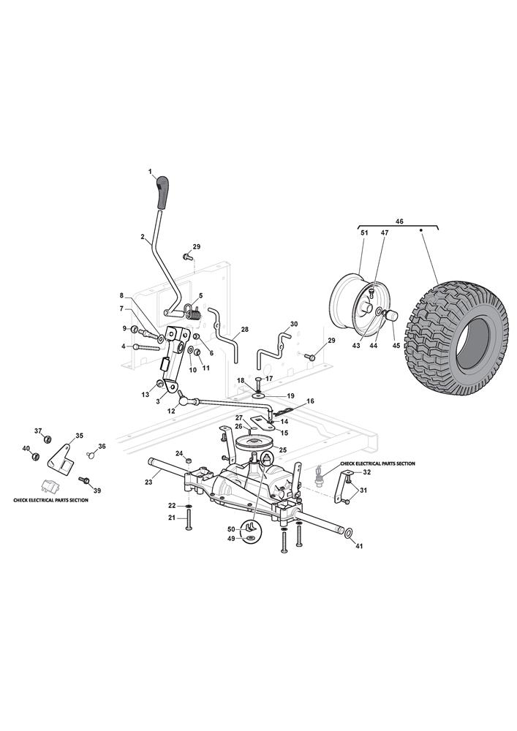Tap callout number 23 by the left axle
coord(148,482)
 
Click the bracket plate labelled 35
coord(61,459)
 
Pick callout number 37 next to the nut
coord(39,431)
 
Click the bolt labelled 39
coord(85,481)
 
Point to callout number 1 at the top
coord(150,172)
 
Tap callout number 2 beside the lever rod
coord(143,236)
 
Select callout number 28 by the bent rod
coord(244,330)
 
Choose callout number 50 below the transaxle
coord(232,529)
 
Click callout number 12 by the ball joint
coord(172,412)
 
